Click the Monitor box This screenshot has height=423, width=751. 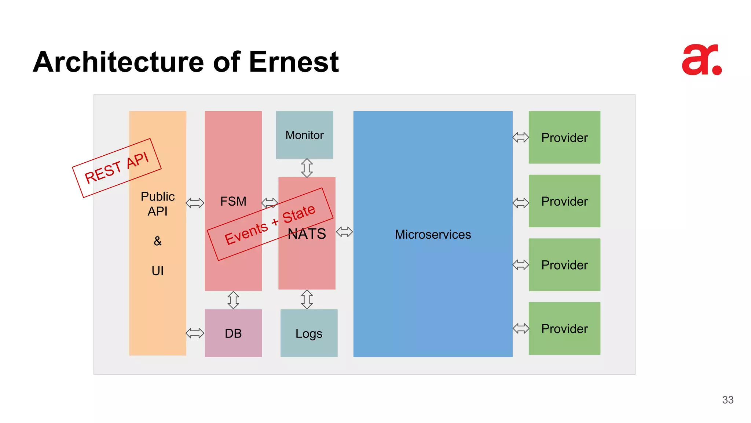[304, 135]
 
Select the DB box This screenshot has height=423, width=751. [233, 333]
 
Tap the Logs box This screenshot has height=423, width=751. [309, 333]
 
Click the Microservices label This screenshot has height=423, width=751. [433, 234]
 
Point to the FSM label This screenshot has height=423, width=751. [233, 201]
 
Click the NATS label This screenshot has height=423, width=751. [307, 234]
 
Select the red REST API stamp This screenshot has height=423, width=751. [117, 168]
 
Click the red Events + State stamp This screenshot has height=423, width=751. [270, 224]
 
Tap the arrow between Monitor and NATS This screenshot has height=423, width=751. [307, 168]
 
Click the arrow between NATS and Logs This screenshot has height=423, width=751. [307, 299]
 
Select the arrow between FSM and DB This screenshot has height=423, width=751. [233, 300]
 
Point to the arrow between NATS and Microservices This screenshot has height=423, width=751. [344, 232]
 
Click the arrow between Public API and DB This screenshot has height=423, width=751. [195, 333]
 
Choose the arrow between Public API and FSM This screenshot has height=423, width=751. [195, 203]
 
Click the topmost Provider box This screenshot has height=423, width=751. [564, 137]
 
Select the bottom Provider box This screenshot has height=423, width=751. [564, 328]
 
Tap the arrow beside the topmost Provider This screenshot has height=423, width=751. [521, 137]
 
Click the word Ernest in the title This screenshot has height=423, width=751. [293, 62]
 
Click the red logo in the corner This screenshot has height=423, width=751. [701, 60]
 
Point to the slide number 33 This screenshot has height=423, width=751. [728, 400]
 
